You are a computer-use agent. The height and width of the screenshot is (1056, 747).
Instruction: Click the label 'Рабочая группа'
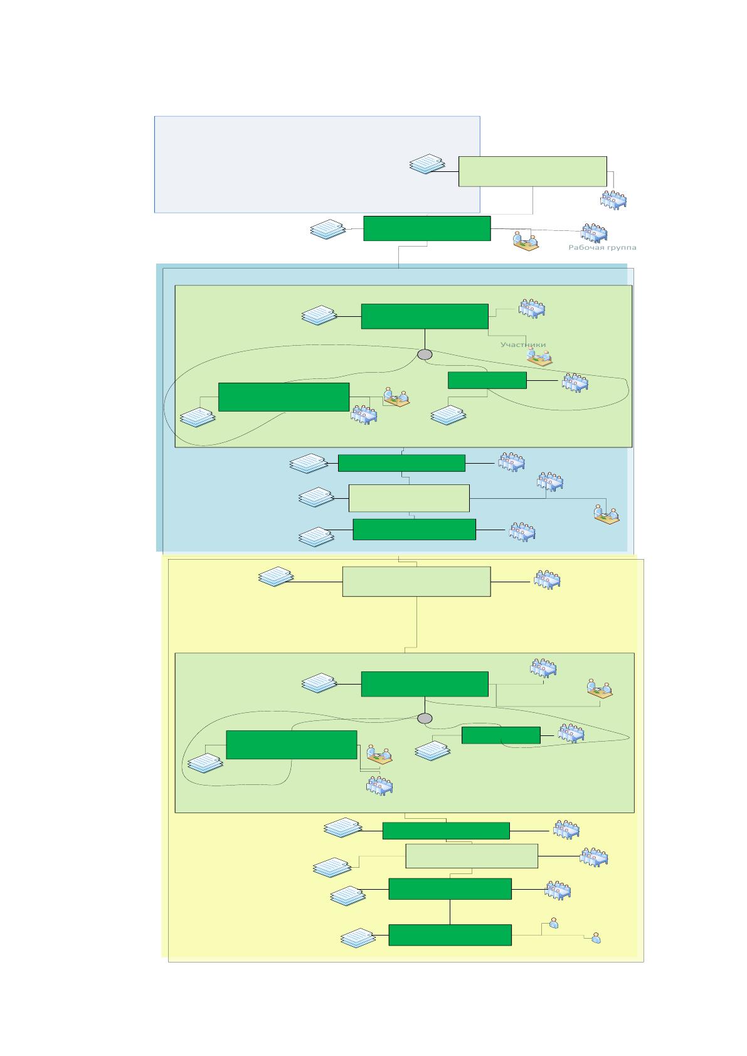point(602,247)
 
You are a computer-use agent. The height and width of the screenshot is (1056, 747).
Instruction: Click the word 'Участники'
point(523,344)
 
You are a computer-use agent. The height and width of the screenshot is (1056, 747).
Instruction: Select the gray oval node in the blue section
point(425,355)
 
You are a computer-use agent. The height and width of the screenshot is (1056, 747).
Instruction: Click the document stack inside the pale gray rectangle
point(427,164)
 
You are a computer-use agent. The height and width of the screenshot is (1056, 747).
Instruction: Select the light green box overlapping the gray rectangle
point(532,171)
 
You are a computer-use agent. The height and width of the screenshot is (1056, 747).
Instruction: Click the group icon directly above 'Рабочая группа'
point(594,233)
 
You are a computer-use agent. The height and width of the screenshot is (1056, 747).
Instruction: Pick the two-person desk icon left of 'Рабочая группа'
point(526,241)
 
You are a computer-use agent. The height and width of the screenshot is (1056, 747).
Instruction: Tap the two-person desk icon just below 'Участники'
point(539,358)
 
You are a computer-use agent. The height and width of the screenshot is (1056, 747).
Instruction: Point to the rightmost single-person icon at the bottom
point(596,937)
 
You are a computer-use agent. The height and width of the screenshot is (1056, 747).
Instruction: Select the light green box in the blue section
point(409,498)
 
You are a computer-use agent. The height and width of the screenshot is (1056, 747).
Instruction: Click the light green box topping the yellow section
point(416,582)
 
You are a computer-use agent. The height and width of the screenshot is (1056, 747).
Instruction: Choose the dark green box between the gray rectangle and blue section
point(427,228)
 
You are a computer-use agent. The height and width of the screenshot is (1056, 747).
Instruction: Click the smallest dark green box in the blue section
point(487,380)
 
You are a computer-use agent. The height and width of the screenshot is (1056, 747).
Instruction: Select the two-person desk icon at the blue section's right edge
point(607,515)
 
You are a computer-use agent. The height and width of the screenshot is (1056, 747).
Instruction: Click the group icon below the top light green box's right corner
point(613,200)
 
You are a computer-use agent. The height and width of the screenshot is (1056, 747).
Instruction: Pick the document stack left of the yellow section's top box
point(276,577)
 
